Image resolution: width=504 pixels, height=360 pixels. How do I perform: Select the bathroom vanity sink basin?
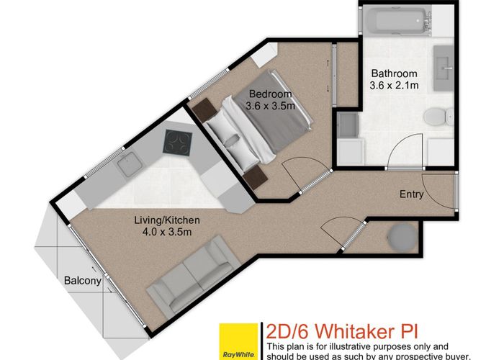pyautogui.click(x=444, y=73)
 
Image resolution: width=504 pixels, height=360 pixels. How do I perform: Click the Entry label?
pyautogui.click(x=411, y=194)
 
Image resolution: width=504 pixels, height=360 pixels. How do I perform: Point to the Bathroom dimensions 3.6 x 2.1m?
pyautogui.click(x=393, y=86)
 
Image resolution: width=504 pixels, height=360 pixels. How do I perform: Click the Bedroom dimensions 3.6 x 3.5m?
pyautogui.click(x=271, y=107)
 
